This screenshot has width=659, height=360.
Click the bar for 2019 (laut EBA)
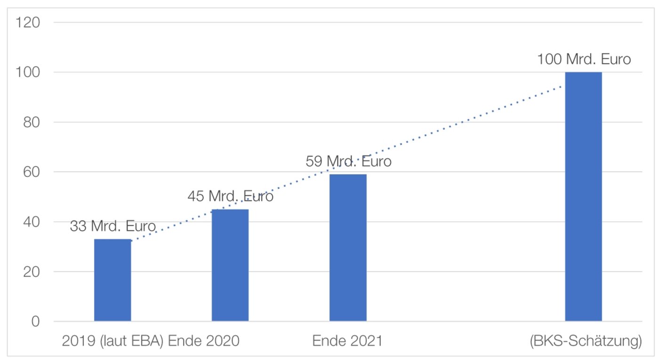pos(113,280)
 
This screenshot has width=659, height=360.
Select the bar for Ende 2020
pos(230,265)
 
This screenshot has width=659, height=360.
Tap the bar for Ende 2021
pos(348,248)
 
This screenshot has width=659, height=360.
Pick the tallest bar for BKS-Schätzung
pos(583,196)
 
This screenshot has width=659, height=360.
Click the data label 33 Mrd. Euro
pos(113,226)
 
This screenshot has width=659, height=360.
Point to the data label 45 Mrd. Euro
pos(230,196)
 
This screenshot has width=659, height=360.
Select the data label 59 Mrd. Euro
pos(348,162)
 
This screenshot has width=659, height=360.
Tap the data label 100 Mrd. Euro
pos(584,60)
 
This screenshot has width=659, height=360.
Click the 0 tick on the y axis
pos(35,322)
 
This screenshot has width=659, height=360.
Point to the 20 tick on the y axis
pos(32,272)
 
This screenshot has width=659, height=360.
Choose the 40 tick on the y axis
pos(32,222)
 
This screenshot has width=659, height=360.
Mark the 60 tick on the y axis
pos(32,172)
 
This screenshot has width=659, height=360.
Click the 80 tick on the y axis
pos(32,122)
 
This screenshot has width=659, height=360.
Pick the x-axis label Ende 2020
pos(204,341)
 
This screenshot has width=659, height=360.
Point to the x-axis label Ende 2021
pos(347,341)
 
